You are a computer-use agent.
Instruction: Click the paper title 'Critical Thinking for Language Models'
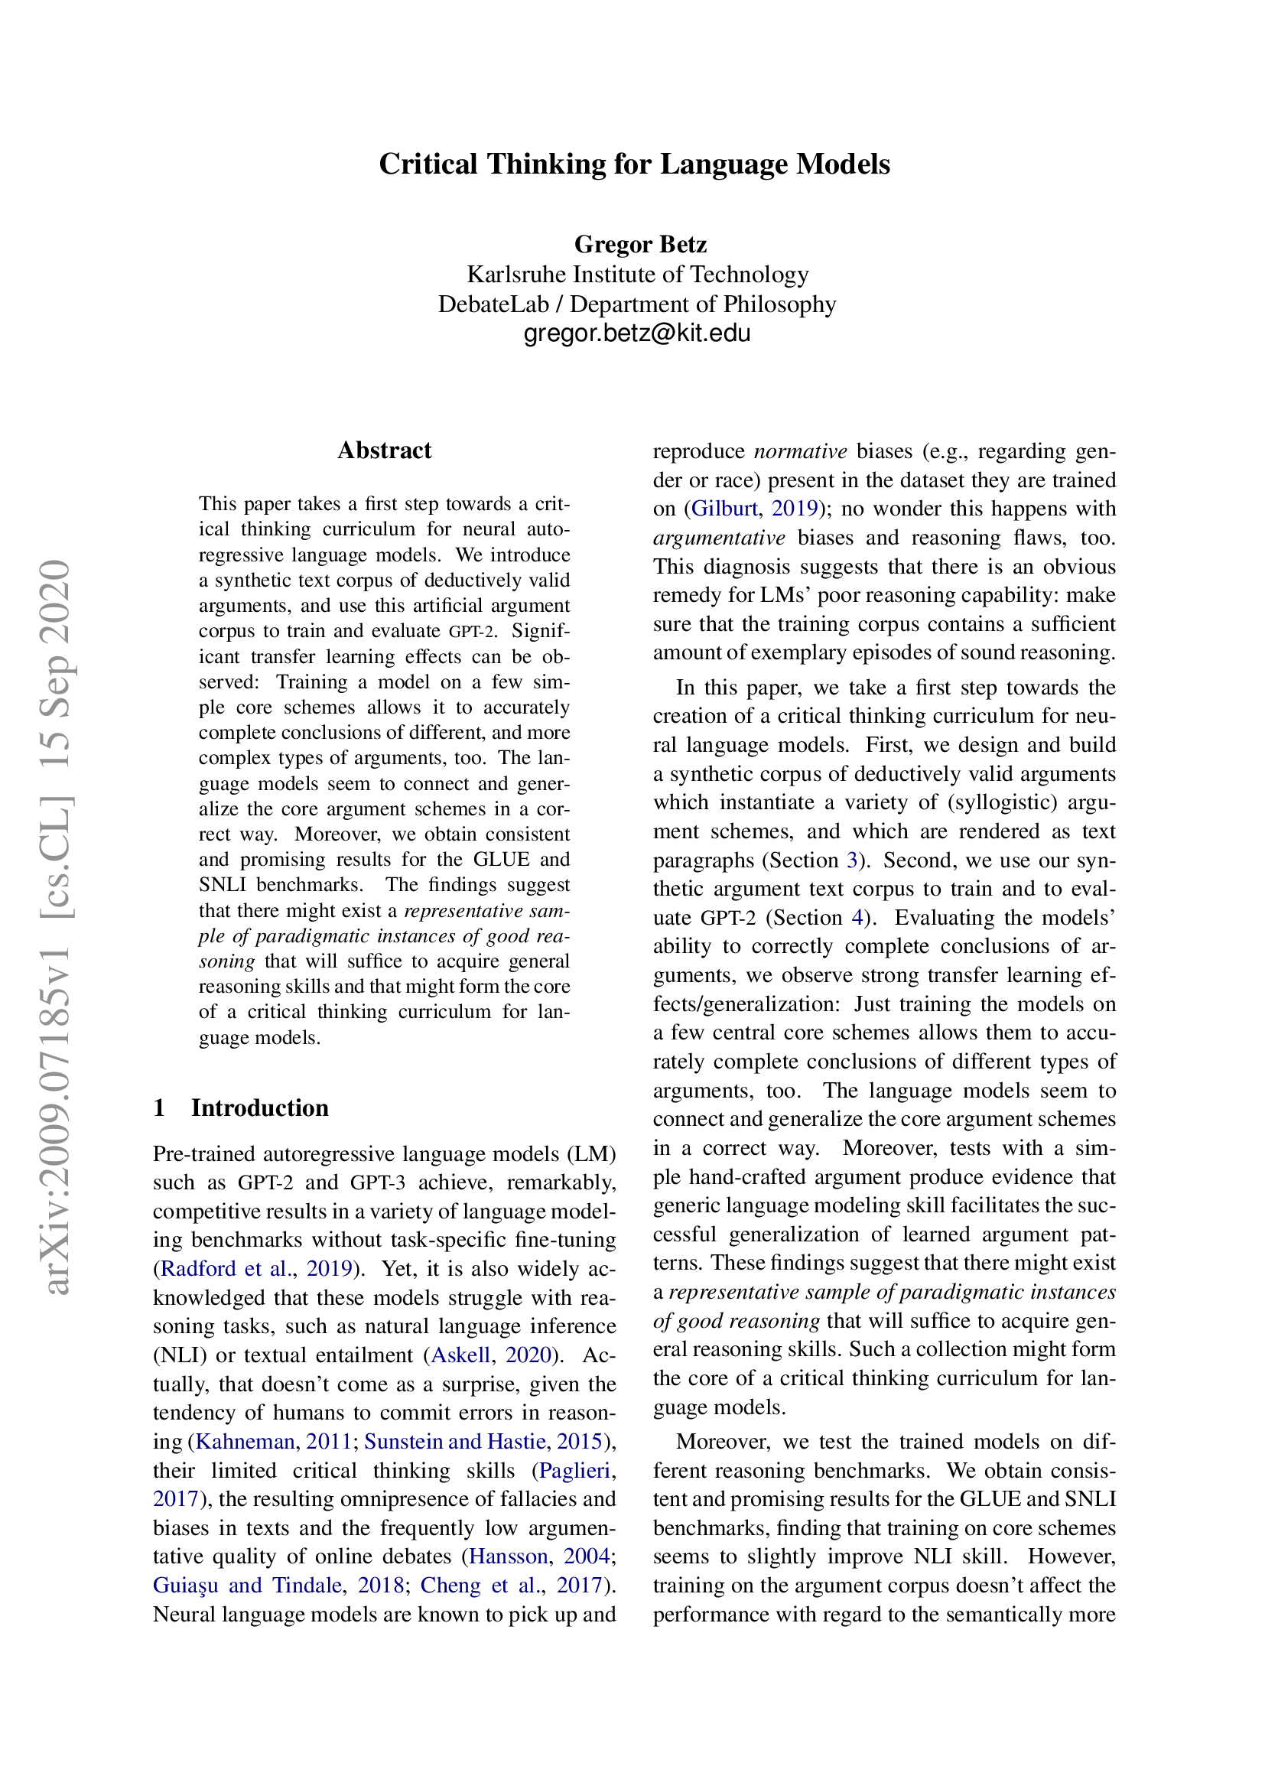(634, 164)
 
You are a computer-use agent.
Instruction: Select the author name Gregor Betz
(639, 245)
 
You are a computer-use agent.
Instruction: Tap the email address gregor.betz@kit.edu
(636, 333)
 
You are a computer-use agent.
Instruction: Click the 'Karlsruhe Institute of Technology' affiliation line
(637, 275)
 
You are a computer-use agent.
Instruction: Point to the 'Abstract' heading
(384, 451)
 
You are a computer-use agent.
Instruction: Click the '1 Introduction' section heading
(242, 1108)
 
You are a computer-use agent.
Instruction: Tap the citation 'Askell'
(460, 1355)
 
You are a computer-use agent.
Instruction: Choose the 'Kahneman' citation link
(245, 1441)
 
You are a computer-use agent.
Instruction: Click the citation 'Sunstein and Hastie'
(455, 1441)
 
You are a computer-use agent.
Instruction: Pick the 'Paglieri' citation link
(575, 1469)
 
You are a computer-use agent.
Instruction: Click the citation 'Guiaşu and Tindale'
(248, 1585)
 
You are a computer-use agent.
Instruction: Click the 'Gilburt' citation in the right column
(724, 509)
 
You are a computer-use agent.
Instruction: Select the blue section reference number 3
(852, 860)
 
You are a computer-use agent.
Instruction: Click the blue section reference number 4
(857, 918)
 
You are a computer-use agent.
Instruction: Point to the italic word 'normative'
(800, 451)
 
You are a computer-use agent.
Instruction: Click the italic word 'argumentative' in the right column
(719, 538)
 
